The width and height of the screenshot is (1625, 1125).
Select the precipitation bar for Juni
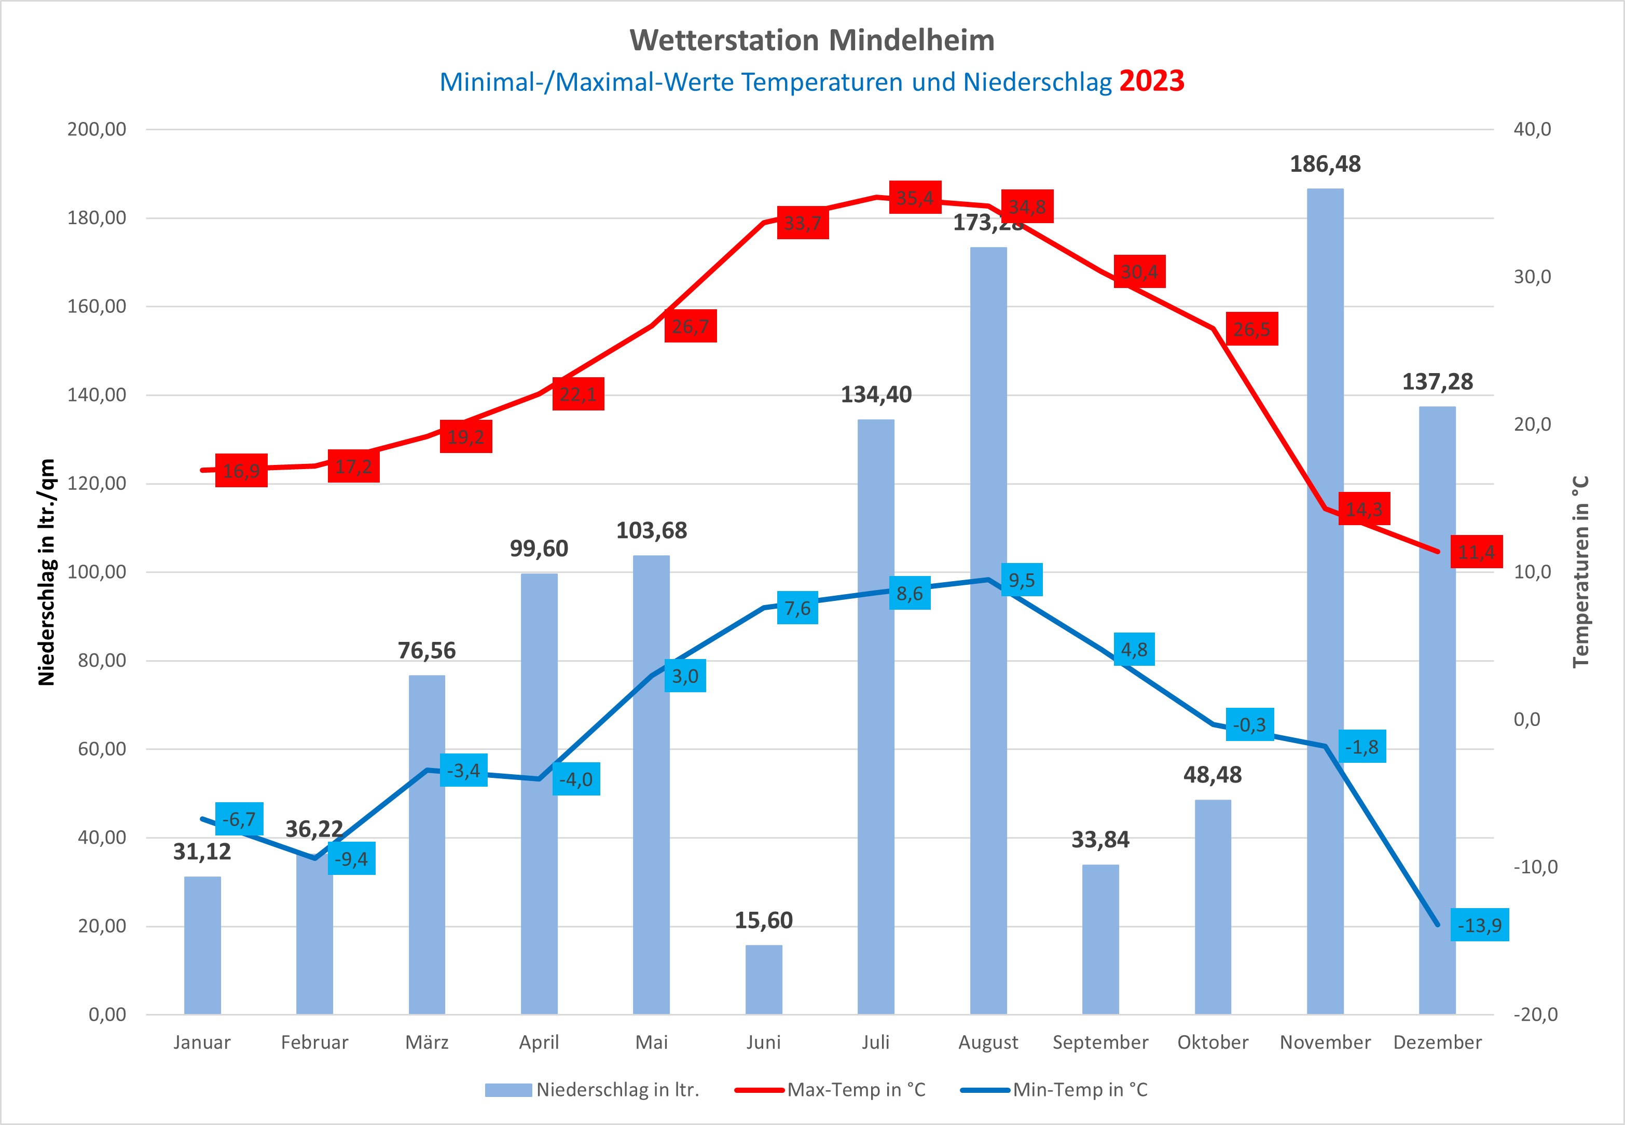(764, 979)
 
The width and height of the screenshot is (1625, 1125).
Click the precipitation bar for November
(1325, 635)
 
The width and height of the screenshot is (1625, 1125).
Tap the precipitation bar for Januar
(202, 944)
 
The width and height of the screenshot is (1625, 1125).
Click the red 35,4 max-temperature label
(915, 198)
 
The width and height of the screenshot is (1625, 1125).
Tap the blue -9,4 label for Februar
(351, 859)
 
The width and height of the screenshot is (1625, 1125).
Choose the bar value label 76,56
(426, 650)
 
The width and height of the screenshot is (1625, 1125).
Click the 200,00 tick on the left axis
(97, 129)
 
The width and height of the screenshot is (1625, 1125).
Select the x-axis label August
(988, 1042)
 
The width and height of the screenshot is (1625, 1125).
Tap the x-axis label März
(426, 1042)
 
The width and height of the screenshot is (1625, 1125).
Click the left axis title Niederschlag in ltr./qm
(47, 572)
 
